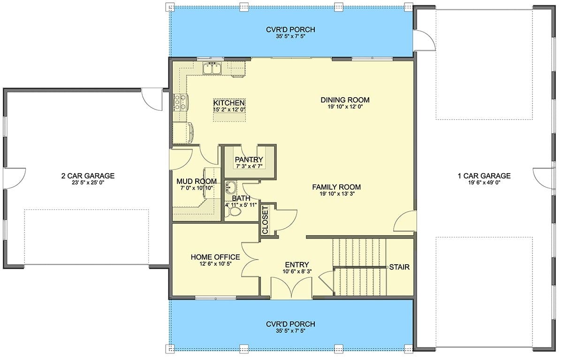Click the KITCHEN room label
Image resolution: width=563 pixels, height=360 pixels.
228,103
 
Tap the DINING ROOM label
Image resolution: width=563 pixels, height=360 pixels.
345,100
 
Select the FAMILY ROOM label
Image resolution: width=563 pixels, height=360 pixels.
336,187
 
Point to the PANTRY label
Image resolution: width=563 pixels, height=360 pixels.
249,160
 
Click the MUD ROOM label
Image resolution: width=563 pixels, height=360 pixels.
197,181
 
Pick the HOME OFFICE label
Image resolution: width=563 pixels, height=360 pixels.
215,257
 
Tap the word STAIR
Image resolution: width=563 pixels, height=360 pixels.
399,268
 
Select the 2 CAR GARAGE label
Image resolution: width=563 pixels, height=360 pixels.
88,176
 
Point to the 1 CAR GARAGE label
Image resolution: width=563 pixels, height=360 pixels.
484,176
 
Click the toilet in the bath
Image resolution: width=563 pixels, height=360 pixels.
233,212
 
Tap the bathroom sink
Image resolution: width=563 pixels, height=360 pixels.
230,188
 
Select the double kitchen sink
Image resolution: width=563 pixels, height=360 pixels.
212,69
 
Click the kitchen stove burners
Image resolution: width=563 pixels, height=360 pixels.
180,101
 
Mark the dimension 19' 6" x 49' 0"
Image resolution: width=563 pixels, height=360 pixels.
484,183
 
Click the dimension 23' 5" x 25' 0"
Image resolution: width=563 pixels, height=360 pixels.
88,183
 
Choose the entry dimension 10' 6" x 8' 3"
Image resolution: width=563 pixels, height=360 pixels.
296,272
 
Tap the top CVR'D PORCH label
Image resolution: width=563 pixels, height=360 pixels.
291,30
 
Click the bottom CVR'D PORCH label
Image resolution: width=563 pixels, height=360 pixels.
291,324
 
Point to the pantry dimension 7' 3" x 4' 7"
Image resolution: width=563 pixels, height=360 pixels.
249,167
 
